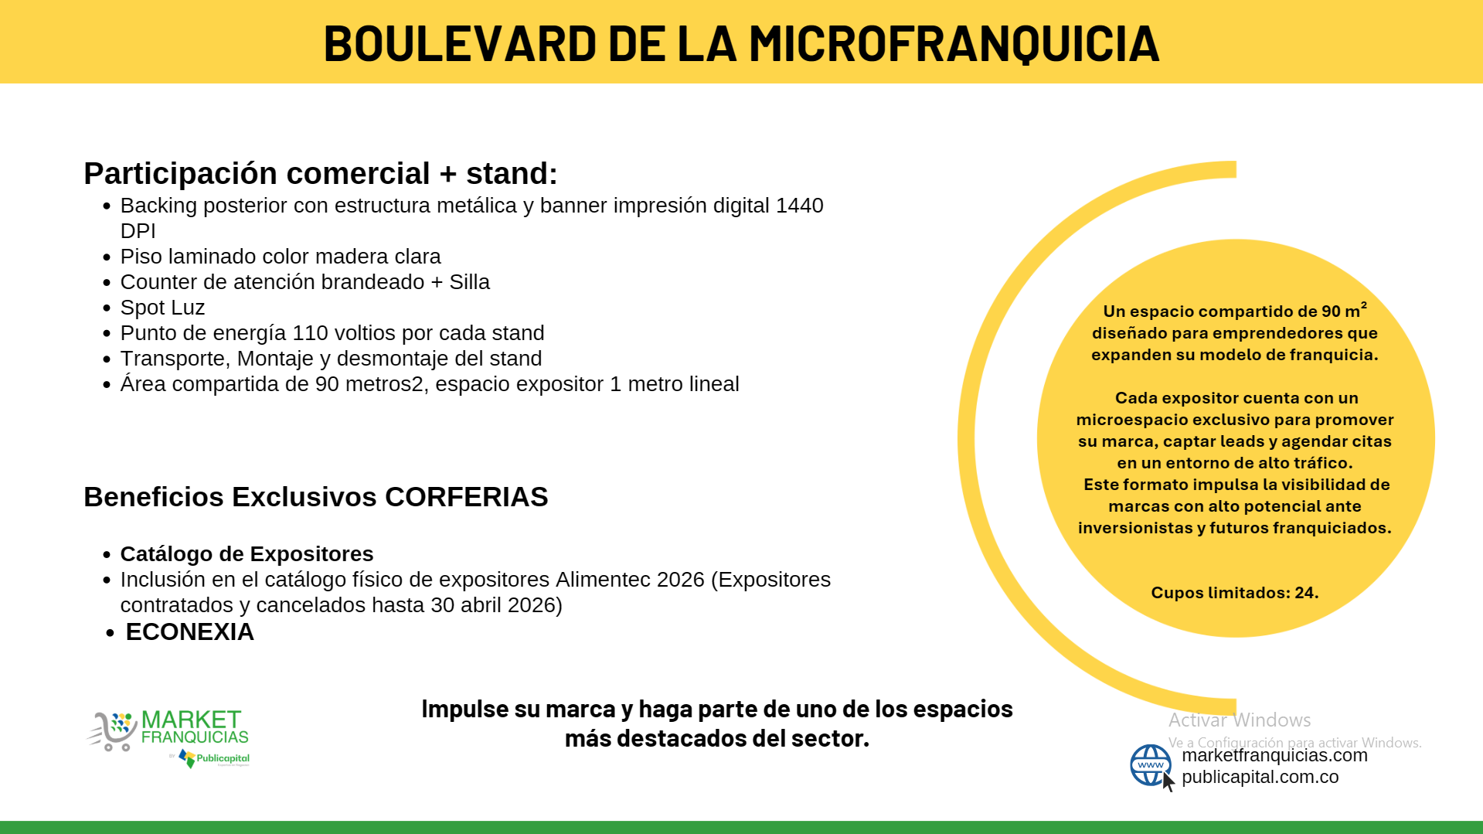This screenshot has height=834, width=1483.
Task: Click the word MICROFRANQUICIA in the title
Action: [x=954, y=43]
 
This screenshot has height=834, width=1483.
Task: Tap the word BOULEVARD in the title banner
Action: [x=460, y=43]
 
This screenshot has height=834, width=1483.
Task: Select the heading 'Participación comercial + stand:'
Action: [x=321, y=174]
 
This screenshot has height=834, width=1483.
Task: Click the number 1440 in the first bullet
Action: [x=800, y=206]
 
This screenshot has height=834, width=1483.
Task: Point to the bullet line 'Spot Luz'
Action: [x=162, y=308]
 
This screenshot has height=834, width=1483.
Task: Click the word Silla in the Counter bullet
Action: [x=470, y=282]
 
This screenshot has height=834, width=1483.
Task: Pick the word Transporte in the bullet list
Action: [x=175, y=359]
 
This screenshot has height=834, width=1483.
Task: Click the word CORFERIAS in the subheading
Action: [x=467, y=497]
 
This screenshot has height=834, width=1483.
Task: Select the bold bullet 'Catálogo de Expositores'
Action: [x=247, y=554]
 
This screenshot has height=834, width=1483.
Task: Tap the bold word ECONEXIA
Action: [x=190, y=632]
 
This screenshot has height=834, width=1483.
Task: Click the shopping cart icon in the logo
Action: [x=112, y=730]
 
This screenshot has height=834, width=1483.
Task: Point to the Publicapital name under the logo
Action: [x=223, y=758]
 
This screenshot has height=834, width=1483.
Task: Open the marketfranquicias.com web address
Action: [x=1274, y=755]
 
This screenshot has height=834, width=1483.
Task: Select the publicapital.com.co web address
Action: [x=1260, y=777]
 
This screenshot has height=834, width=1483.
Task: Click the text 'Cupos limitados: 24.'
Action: [x=1235, y=593]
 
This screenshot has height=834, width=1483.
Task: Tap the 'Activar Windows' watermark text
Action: [x=1240, y=720]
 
